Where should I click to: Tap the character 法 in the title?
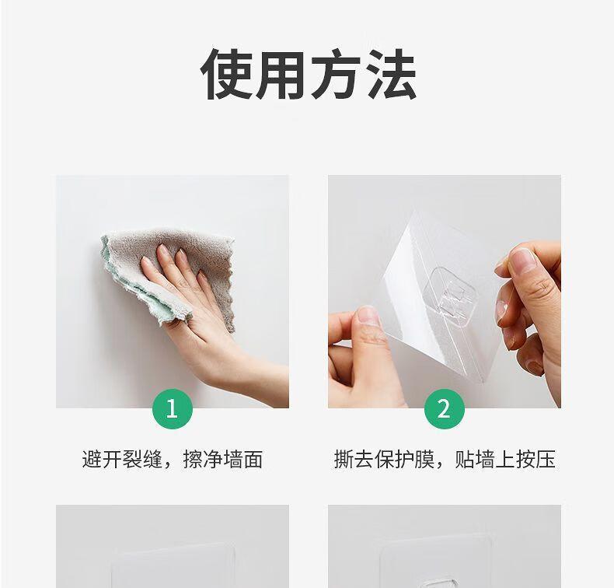(391, 75)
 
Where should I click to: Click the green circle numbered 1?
(173, 409)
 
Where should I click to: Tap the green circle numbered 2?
(445, 409)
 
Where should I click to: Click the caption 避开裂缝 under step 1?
(122, 459)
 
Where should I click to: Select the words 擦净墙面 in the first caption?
(223, 459)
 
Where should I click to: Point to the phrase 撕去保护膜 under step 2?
(384, 459)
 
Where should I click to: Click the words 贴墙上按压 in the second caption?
(505, 459)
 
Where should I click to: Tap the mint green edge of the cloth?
(137, 286)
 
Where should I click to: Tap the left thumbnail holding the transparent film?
(368, 315)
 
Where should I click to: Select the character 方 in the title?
(336, 75)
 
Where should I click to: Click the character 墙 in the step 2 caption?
(485, 459)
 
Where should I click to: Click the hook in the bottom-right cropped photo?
(445, 580)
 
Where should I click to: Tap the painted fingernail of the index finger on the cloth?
(162, 250)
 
